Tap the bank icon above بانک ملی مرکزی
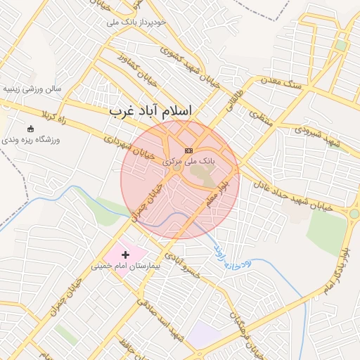(x=188, y=150)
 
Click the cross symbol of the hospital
(x=127, y=254)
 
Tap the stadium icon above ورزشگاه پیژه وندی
(x=31, y=129)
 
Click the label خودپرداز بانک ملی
(x=137, y=22)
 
